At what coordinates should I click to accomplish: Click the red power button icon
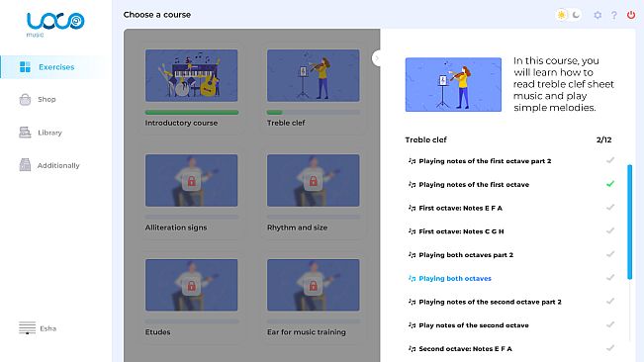(x=631, y=15)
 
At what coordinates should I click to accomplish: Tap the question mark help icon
(x=614, y=15)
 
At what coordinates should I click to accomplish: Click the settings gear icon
(x=598, y=15)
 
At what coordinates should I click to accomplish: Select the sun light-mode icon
(x=562, y=15)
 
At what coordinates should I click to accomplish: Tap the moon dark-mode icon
(x=576, y=15)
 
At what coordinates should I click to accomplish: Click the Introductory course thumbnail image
(x=191, y=75)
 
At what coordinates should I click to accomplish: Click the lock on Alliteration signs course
(x=191, y=181)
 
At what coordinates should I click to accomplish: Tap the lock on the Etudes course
(x=191, y=286)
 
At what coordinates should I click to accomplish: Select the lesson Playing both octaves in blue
(x=455, y=278)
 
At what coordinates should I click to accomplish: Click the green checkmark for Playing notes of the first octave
(x=610, y=184)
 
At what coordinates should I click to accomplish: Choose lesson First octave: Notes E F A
(x=460, y=208)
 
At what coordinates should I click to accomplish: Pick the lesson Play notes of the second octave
(x=474, y=325)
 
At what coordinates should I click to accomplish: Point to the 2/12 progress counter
(x=603, y=140)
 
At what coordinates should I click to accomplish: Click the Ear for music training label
(x=307, y=332)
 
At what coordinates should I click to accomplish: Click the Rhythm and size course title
(x=297, y=227)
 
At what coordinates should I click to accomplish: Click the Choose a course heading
(x=157, y=15)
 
